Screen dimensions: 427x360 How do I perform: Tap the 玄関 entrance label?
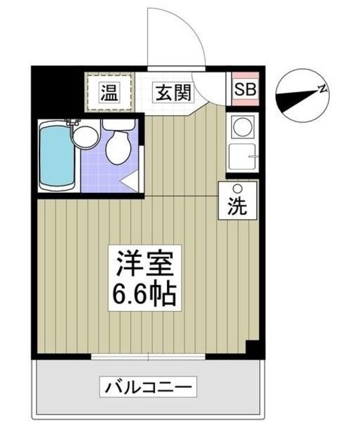174,92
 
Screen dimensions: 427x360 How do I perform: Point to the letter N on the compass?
322,88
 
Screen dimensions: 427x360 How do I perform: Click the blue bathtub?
55,155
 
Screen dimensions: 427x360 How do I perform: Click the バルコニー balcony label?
148,386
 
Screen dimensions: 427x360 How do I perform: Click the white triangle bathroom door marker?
130,179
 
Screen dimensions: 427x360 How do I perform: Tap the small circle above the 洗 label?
235,189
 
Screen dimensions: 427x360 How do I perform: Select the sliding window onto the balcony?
149,359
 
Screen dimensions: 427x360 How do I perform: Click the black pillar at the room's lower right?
251,348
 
